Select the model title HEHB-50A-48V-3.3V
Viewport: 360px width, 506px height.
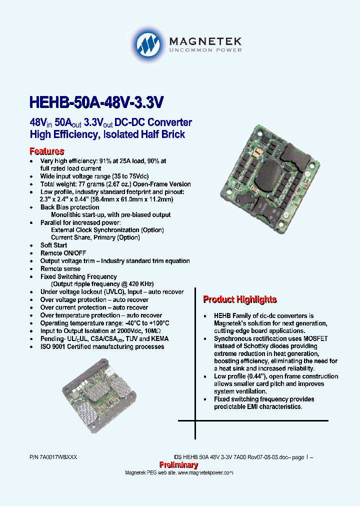(96, 102)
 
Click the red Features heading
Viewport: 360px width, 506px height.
(47, 151)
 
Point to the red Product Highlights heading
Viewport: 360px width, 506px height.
(239, 299)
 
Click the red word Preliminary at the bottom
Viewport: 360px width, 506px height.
(178, 465)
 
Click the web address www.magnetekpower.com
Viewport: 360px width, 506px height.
(205, 472)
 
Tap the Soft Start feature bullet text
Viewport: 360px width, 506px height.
(53, 245)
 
